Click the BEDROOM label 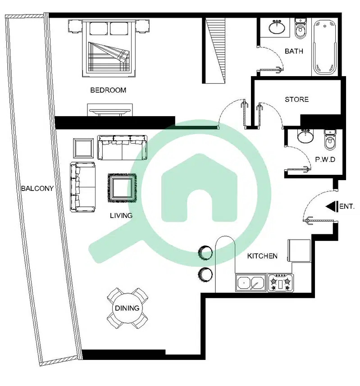[x=108, y=90]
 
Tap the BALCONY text [x=37, y=188]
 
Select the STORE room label [x=297, y=100]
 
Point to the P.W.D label [x=325, y=159]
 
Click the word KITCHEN [x=262, y=256]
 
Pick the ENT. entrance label [x=346, y=206]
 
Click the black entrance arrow [x=332, y=206]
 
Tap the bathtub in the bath [x=325, y=47]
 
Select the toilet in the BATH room [x=300, y=28]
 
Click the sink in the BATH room [x=277, y=27]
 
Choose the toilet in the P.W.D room [x=330, y=140]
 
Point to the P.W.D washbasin [x=305, y=136]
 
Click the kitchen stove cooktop [x=280, y=283]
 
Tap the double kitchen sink [x=251, y=283]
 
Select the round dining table [x=127, y=308]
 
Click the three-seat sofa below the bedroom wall [x=123, y=147]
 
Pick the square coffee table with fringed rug [x=122, y=188]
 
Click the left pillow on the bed [x=99, y=29]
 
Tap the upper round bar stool [x=205, y=253]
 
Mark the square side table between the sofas [x=83, y=149]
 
